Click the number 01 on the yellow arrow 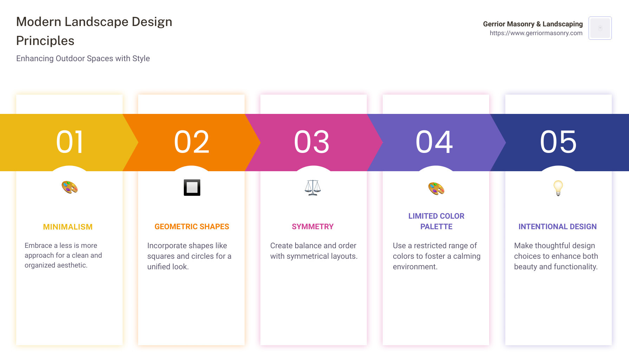point(70,142)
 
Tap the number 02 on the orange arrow point(192,142)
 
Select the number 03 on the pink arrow point(312,142)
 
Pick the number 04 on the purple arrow point(434,142)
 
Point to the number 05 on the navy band point(558,142)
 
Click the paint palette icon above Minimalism point(70,187)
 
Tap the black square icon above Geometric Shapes point(192,187)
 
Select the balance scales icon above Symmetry point(313,188)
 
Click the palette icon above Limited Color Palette point(436,188)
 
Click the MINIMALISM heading point(68,227)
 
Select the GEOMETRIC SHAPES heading point(192,227)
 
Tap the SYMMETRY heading point(313,227)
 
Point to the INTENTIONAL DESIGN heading point(558,227)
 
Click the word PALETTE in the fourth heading point(436,227)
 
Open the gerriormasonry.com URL point(536,33)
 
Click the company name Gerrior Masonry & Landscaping point(533,24)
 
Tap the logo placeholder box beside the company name point(600,28)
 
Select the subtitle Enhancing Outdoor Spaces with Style point(83,58)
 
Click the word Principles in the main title point(45,41)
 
